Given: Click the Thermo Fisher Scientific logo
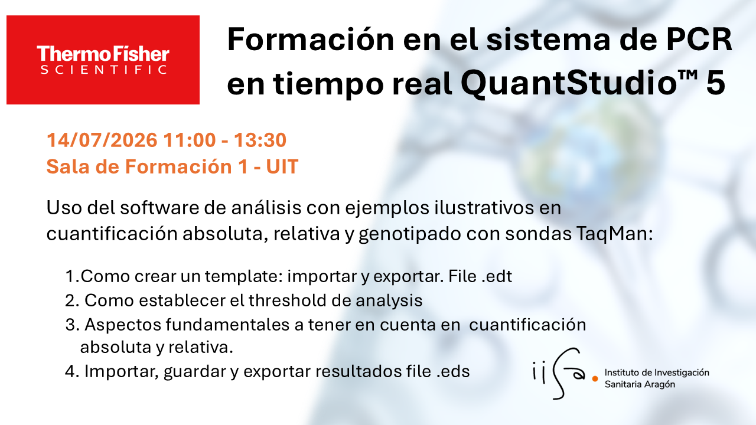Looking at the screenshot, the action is (103, 60).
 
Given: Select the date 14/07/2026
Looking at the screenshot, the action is (102, 140).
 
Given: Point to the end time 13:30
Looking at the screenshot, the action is (260, 140).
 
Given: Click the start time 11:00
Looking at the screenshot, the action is (190, 140).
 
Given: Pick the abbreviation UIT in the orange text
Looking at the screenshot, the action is (282, 166).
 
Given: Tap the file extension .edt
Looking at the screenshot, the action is (497, 276).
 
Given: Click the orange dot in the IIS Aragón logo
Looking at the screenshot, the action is (595, 379).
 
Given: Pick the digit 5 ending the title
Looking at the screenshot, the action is (715, 83).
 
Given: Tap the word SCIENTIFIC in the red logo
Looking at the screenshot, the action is (104, 70).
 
